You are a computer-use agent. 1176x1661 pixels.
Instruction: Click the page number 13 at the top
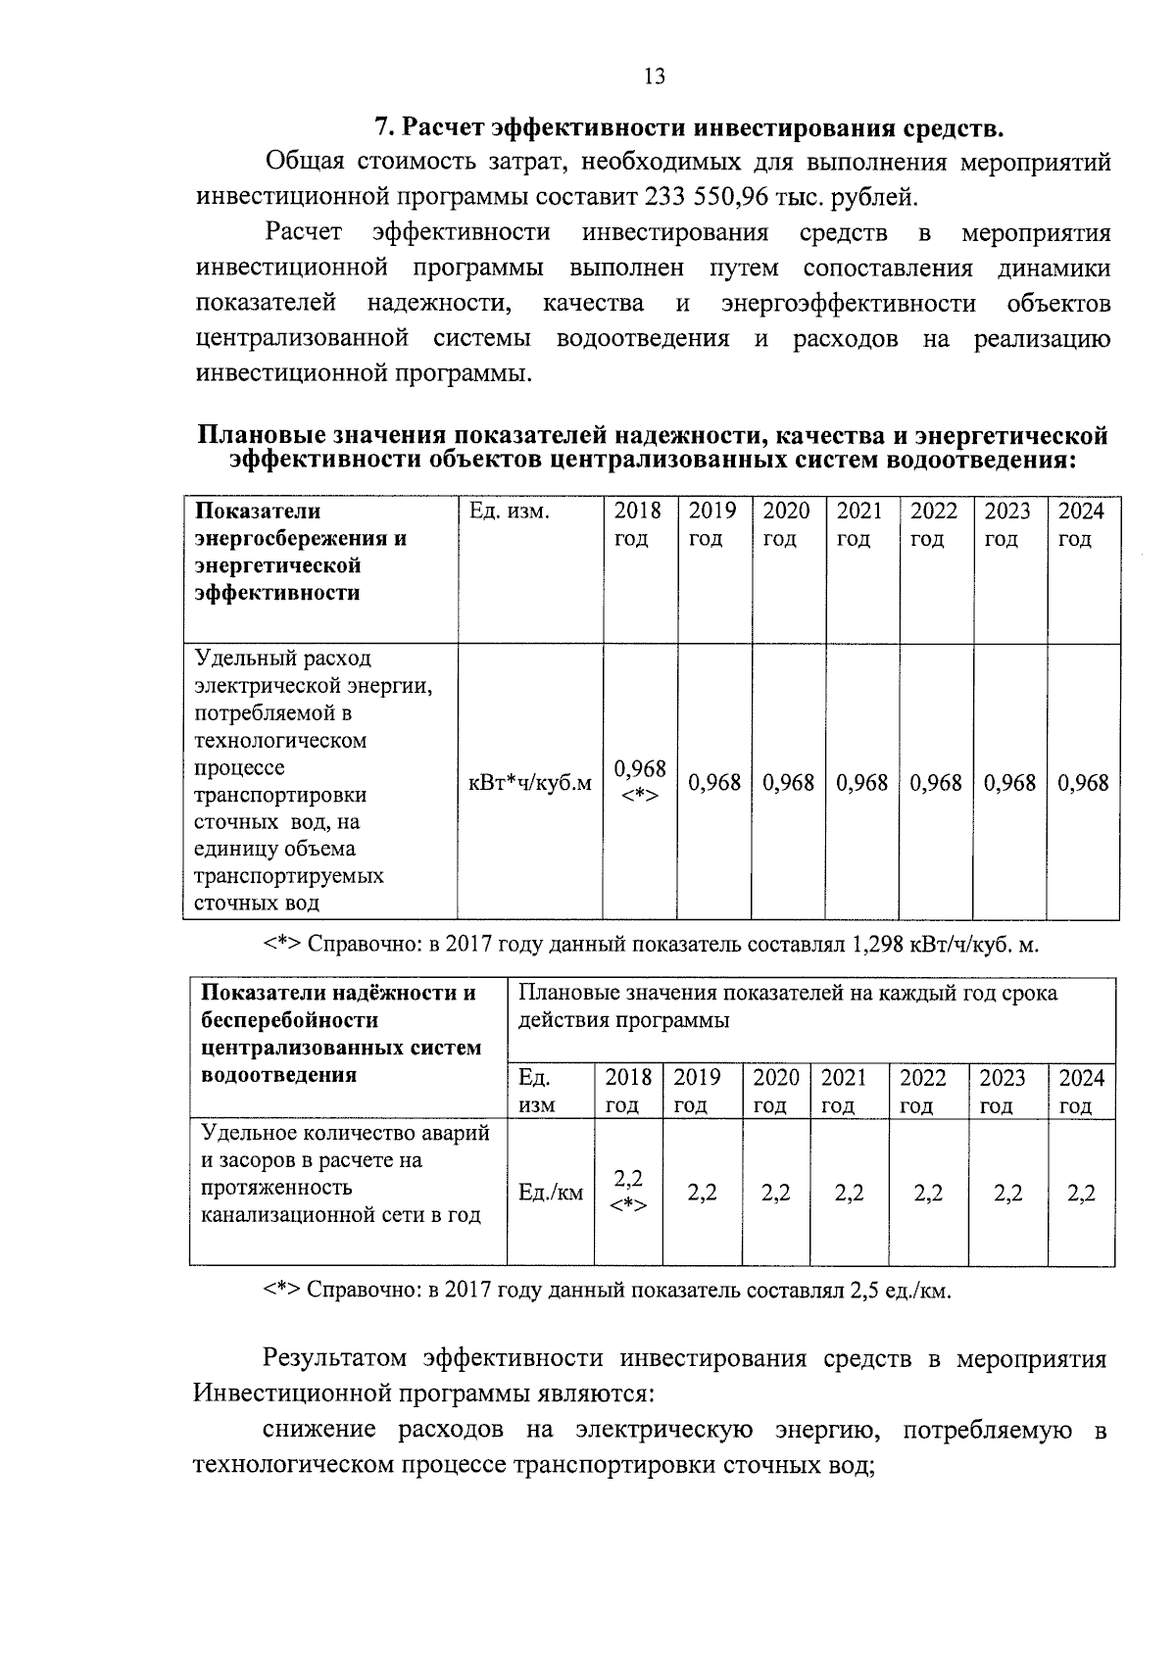[655, 76]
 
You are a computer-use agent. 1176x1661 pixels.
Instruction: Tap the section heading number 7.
[384, 128]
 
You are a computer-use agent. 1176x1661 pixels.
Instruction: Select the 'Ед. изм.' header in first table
[510, 512]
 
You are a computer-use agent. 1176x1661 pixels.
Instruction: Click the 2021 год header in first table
[859, 524]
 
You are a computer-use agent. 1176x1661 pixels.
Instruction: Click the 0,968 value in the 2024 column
[1083, 783]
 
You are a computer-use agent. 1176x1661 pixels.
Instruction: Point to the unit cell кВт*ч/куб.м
[530, 783]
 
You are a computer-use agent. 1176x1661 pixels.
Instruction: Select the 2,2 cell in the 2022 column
[928, 1193]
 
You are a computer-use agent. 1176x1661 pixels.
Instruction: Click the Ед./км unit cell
[550, 1193]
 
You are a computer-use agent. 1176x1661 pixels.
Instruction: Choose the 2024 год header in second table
[1081, 1092]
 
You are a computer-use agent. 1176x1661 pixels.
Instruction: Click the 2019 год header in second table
[697, 1092]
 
